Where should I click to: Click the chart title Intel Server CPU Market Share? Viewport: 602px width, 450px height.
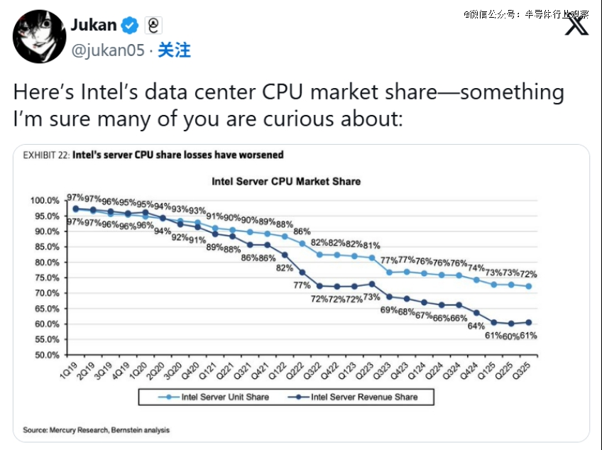click(286, 182)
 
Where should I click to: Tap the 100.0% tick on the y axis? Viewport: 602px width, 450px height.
click(45, 201)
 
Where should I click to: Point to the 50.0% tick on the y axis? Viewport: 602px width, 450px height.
click(48, 355)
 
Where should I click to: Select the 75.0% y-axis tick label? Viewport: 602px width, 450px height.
click(48, 278)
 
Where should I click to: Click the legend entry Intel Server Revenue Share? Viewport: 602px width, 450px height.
click(364, 397)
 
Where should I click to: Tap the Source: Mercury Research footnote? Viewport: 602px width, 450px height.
click(97, 430)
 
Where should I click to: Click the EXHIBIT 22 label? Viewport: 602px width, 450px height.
click(46, 155)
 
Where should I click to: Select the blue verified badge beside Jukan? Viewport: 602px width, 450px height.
click(129, 26)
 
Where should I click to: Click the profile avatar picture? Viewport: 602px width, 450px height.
click(38, 36)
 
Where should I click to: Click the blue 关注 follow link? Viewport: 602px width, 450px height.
click(174, 50)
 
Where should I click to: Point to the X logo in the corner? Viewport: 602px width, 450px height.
click(576, 26)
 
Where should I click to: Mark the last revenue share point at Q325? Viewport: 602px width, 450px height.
click(528, 322)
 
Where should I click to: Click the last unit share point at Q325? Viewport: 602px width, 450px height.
click(528, 287)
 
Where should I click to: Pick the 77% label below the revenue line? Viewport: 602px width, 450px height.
click(302, 285)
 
